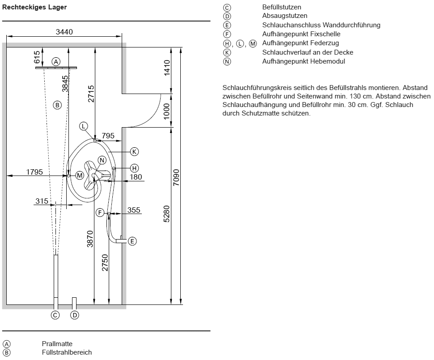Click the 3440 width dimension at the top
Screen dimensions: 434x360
pyautogui.click(x=64, y=32)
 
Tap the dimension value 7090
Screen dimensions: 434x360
pyautogui.click(x=176, y=177)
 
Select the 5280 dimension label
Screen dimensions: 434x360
pyautogui.click(x=166, y=214)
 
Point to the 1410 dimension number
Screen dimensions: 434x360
pyautogui.click(x=167, y=68)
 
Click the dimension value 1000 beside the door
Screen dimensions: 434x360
pyautogui.click(x=166, y=111)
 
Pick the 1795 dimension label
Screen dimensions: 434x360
pyautogui.click(x=34, y=172)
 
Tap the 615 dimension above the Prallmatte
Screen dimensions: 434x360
pyautogui.click(x=37, y=57)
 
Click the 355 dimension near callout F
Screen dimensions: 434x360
pyautogui.click(x=134, y=210)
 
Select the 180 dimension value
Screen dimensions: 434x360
pyautogui.click(x=136, y=177)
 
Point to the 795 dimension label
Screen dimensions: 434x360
pyautogui.click(x=108, y=136)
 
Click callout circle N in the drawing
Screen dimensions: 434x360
pyautogui.click(x=102, y=160)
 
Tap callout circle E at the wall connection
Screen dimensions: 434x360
pyautogui.click(x=132, y=241)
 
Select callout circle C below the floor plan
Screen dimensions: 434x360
pyautogui.click(x=55, y=315)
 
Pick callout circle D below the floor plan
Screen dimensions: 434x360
pyautogui.click(x=74, y=315)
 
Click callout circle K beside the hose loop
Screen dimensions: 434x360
pyautogui.click(x=134, y=151)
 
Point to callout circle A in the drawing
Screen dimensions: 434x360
pyautogui.click(x=56, y=61)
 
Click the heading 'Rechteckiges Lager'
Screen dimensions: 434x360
pyautogui.click(x=34, y=8)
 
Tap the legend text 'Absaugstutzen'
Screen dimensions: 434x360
pyautogui.click(x=285, y=16)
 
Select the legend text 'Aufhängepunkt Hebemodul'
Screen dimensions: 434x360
pyautogui.click(x=304, y=61)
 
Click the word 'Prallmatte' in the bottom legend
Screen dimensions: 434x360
pyautogui.click(x=57, y=344)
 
